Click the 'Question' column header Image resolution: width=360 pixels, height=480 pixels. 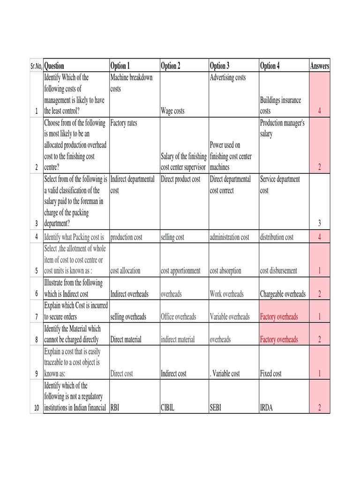(54, 66)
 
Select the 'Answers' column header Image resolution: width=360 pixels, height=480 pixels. (320, 66)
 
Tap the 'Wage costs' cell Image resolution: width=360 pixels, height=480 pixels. (172, 111)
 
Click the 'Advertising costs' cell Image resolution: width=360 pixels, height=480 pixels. (228, 78)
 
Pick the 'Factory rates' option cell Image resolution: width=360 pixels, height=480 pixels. (124, 123)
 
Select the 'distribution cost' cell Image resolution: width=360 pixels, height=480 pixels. (277, 237)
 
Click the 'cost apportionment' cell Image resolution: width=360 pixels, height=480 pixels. (180, 271)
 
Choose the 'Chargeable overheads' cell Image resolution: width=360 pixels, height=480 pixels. (283, 294)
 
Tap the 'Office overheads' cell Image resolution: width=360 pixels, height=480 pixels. (178, 317)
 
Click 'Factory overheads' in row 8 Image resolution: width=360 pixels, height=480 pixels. (279, 339)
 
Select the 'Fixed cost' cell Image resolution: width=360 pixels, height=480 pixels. (271, 374)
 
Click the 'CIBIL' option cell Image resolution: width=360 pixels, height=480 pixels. (168, 408)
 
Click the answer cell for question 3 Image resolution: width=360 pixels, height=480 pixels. (320, 224)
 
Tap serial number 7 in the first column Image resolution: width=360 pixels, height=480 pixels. (36, 317)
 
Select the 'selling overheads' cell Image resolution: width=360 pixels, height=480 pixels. (128, 317)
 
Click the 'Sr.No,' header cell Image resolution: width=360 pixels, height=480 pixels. (36, 66)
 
